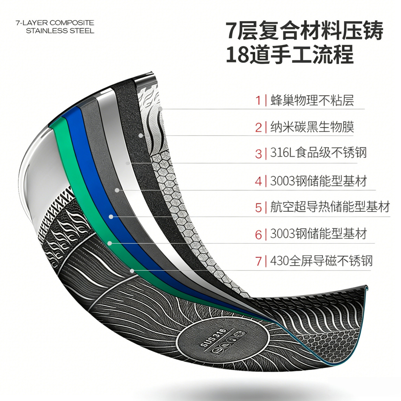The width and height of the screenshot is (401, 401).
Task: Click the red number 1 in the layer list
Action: pos(258,100)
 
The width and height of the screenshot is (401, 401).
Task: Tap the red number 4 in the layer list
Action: pos(258,181)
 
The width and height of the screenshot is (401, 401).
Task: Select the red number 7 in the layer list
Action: pos(258,261)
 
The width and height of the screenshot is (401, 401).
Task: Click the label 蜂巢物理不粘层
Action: pos(312,100)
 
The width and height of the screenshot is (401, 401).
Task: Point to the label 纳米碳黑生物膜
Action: pos(312,127)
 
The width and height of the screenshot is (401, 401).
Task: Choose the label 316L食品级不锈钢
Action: pos(319,153)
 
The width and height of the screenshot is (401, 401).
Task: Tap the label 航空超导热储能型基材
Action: pos(330,207)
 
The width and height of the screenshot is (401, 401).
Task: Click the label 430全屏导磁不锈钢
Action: pos(321,261)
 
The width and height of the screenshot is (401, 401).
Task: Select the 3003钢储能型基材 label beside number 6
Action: pos(319,234)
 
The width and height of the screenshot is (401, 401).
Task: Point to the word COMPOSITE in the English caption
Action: pos(72,23)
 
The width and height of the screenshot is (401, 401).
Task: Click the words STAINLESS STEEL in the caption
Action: pos(60,31)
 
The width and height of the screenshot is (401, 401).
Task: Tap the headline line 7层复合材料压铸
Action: pos(304,31)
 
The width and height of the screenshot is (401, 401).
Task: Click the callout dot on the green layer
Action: pos(110,243)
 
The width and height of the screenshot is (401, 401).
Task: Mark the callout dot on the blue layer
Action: pos(111,217)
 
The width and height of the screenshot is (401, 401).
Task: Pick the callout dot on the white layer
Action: pos(127,163)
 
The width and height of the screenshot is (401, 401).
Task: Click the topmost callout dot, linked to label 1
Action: pos(160,109)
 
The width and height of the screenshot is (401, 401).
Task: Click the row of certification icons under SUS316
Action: pos(229,344)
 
